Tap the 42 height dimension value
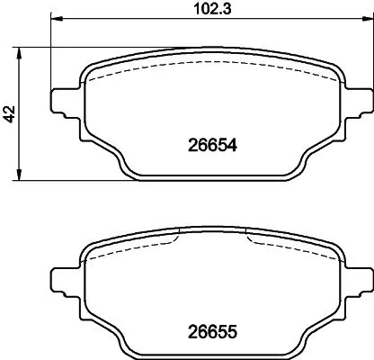(x=10, y=113)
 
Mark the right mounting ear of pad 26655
(x=358, y=278)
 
